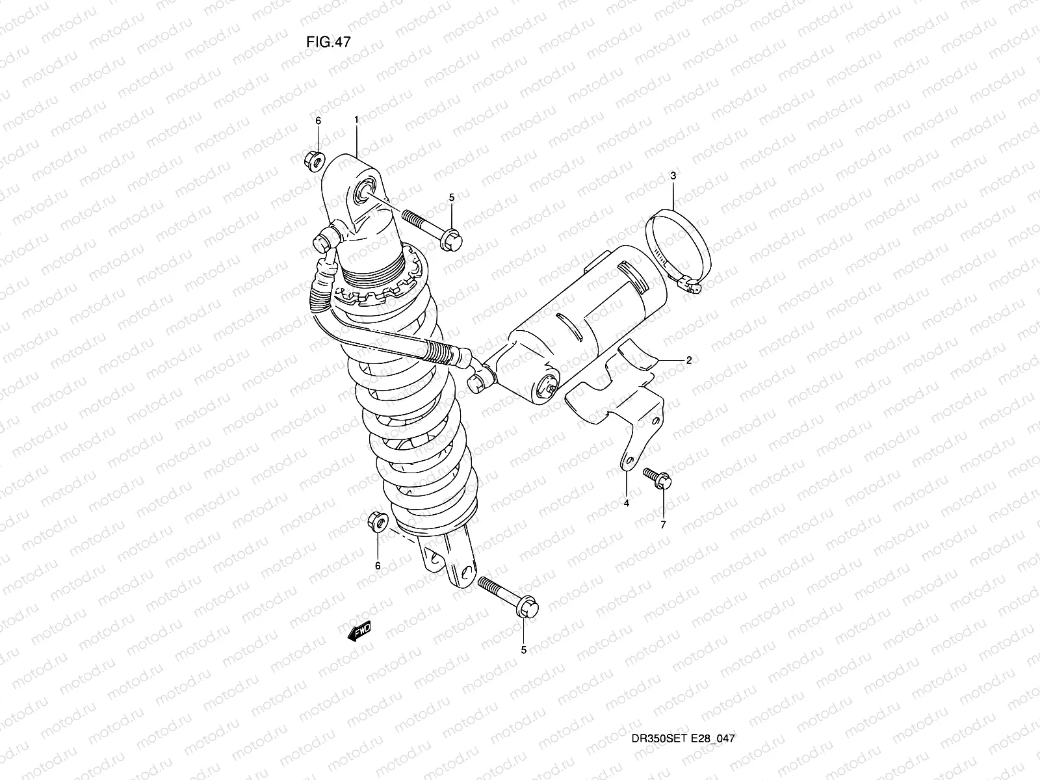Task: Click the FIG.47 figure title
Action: (x=328, y=42)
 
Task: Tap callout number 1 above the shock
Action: (x=357, y=120)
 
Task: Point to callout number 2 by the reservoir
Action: (x=688, y=359)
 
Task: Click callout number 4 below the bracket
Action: (x=627, y=503)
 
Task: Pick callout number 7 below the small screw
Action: (x=663, y=525)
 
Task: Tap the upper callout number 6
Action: (x=318, y=121)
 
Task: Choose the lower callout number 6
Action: (x=378, y=565)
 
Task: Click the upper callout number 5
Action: (x=452, y=197)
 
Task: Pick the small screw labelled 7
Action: (x=656, y=478)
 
